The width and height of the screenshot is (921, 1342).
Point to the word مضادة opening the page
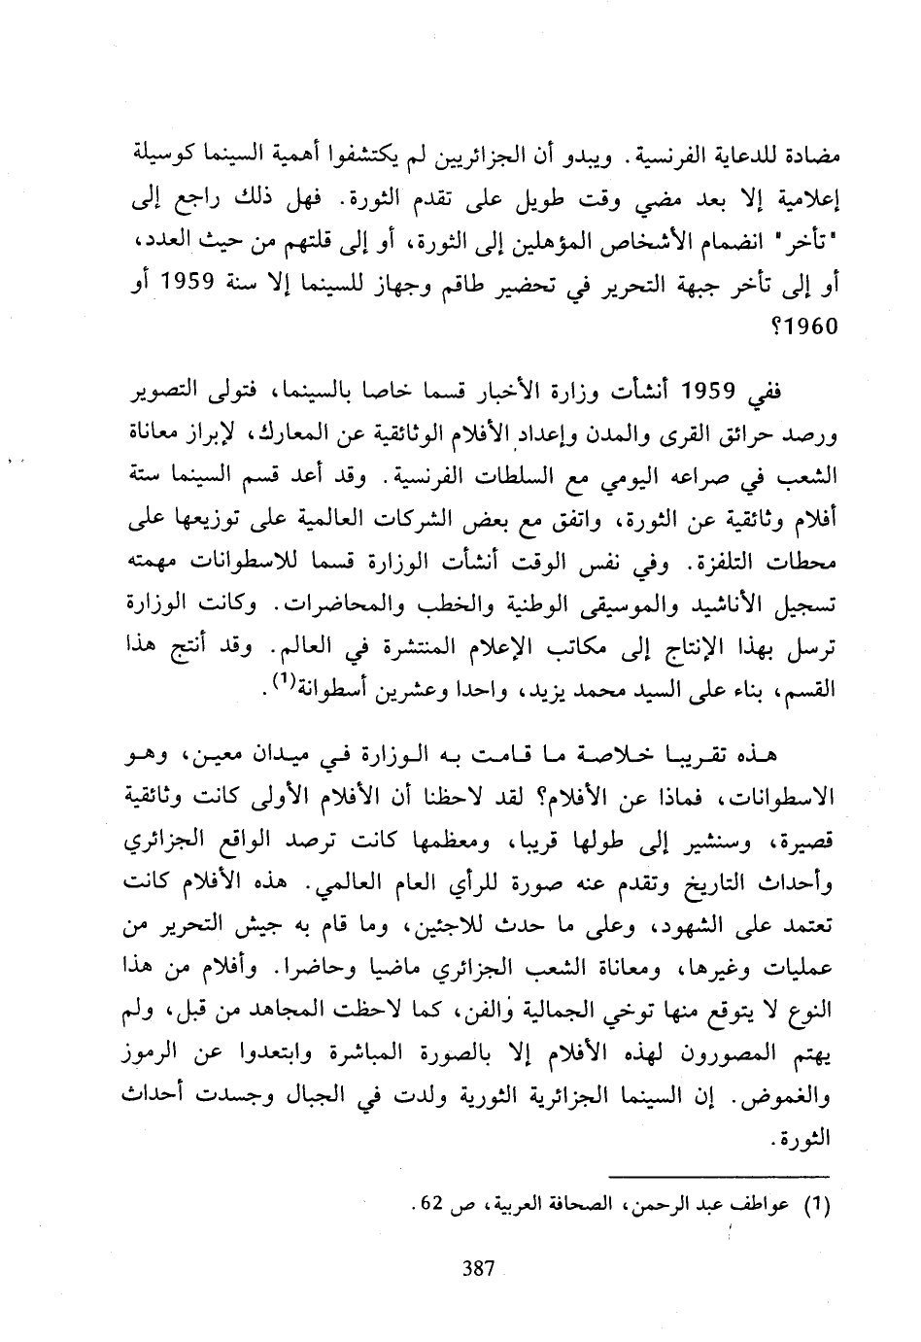(x=812, y=155)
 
